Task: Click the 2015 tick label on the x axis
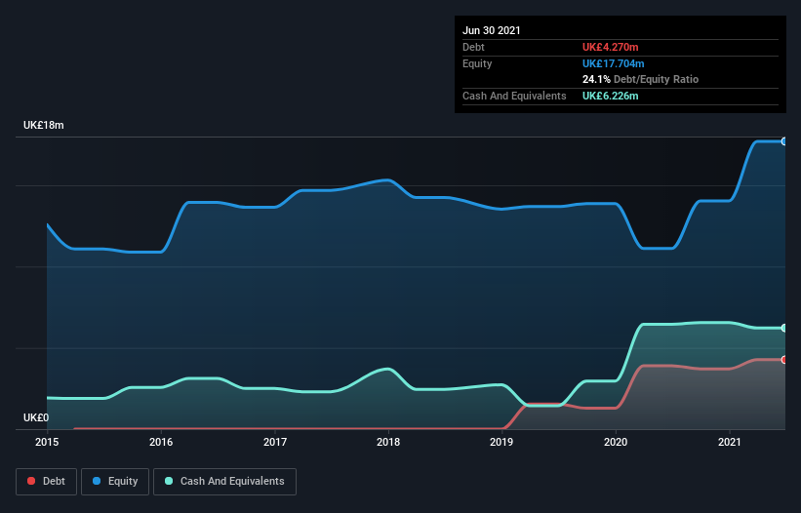47,442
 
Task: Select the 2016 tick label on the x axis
161,442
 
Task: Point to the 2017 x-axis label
275,442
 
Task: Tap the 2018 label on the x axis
388,442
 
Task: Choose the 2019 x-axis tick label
501,442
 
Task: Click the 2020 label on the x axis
616,442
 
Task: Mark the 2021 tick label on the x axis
730,442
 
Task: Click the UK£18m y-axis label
44,126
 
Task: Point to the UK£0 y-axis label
36,417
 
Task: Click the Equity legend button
115,481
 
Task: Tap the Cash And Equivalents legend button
224,481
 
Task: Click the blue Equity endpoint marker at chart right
783,141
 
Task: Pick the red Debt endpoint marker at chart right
783,360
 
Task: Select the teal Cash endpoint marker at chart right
783,328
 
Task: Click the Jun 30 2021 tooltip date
492,30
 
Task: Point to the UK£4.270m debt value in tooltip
611,47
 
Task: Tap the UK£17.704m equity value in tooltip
614,63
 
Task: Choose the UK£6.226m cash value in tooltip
611,96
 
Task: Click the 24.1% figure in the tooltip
596,79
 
